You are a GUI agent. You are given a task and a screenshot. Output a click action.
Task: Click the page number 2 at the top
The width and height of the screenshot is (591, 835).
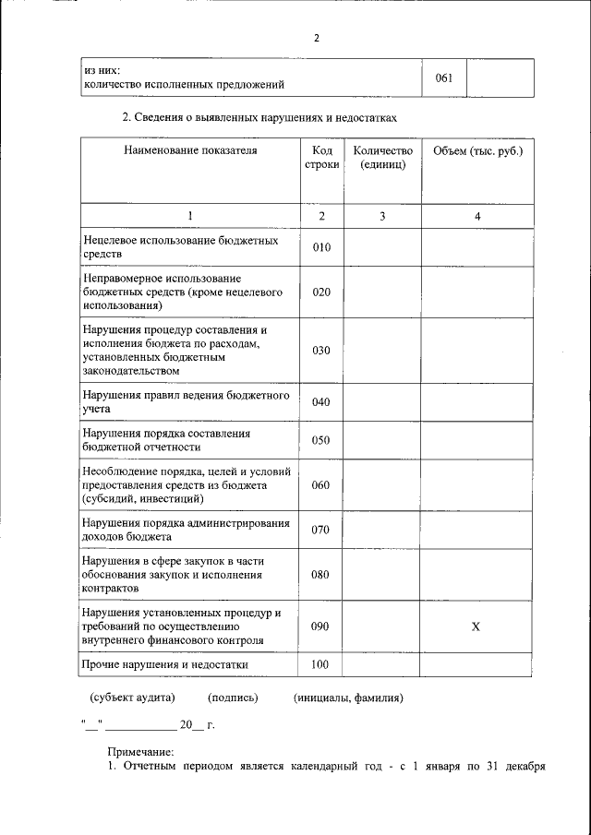(316, 38)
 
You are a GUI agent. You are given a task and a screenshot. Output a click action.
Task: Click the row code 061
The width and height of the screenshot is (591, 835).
(443, 78)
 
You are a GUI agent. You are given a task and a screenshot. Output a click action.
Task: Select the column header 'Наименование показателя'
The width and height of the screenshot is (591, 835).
(190, 150)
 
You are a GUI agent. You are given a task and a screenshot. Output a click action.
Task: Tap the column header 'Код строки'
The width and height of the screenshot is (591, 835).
(321, 157)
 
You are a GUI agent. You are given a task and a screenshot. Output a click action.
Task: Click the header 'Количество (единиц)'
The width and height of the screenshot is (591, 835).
(381, 157)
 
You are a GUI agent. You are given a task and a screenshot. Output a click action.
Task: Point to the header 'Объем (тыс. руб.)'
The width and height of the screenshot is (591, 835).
(476, 150)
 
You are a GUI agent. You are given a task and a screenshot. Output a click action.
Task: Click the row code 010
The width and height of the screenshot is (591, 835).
(321, 247)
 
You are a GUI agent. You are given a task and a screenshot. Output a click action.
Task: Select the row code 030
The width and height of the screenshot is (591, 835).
(321, 351)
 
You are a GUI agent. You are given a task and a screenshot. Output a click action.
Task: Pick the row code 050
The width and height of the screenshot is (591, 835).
(321, 440)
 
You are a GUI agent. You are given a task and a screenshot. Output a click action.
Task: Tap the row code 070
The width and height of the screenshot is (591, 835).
(321, 530)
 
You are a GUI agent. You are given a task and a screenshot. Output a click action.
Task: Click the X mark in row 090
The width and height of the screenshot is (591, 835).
(476, 626)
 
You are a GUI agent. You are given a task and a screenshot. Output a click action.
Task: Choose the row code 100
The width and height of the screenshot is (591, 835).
(321, 664)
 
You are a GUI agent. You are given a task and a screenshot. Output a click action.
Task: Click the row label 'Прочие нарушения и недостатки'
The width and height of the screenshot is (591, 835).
(165, 664)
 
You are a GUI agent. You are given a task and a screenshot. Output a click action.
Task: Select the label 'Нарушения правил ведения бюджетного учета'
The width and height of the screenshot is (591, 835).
(186, 401)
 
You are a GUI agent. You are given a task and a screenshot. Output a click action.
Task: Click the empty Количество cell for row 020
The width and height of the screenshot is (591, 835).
(381, 292)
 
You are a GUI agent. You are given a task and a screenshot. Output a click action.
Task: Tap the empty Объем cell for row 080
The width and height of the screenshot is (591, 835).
(476, 575)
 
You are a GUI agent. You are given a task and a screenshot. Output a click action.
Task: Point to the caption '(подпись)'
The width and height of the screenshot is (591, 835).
(234, 698)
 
